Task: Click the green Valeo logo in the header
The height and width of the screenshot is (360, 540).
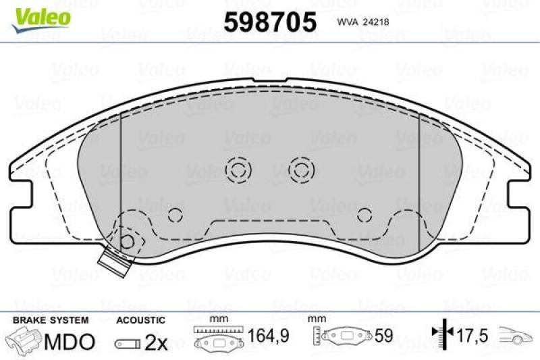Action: [40, 16]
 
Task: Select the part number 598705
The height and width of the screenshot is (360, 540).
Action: [270, 22]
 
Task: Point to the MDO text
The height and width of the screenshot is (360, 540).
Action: [70, 342]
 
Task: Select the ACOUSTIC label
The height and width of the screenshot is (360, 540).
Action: [140, 319]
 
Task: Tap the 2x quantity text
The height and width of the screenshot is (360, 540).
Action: [156, 342]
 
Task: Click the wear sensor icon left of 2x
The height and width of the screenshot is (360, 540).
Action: [128, 344]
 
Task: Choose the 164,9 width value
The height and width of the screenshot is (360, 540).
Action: [269, 336]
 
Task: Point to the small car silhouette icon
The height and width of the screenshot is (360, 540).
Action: [516, 335]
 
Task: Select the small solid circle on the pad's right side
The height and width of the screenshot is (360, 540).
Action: [365, 215]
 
